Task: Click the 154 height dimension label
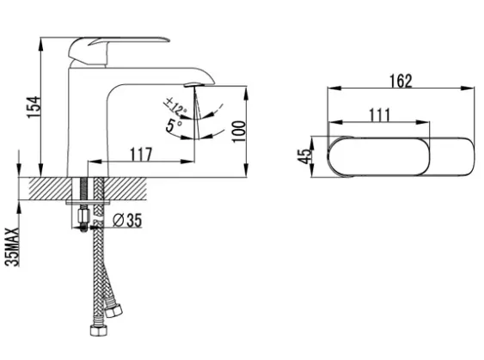pyautogui.click(x=34, y=107)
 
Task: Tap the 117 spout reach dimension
pyautogui.click(x=141, y=154)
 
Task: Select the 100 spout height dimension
pyautogui.click(x=239, y=131)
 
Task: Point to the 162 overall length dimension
pyautogui.click(x=401, y=81)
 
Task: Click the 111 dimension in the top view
pyautogui.click(x=380, y=115)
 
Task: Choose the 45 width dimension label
pyautogui.click(x=303, y=156)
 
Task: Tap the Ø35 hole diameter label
pyautogui.click(x=127, y=220)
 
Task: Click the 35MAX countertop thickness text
pyautogui.click(x=12, y=247)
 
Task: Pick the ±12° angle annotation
pyautogui.click(x=176, y=106)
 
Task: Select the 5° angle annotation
pyautogui.click(x=175, y=125)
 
